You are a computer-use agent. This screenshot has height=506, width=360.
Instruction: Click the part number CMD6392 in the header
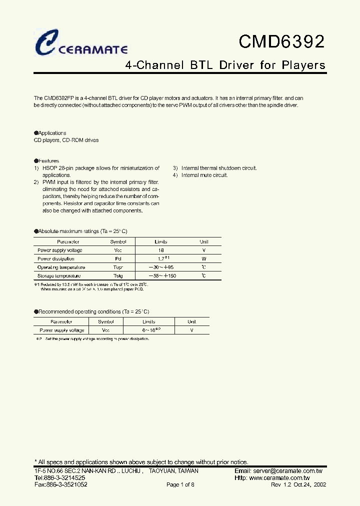tap(281, 42)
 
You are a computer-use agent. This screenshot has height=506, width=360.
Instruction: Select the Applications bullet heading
tap(50, 133)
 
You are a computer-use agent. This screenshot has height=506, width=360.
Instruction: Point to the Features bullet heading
tap(46, 161)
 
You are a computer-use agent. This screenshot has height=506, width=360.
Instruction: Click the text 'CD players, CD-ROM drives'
tap(66, 140)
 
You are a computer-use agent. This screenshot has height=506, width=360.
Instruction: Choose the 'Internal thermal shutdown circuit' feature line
tap(218, 168)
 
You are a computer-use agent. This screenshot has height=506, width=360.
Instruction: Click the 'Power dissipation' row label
tap(56, 259)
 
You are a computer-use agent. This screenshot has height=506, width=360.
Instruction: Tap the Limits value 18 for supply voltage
tap(160, 250)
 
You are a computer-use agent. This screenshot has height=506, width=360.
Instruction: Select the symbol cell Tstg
tap(118, 276)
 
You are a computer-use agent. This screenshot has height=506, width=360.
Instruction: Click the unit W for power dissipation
tap(203, 259)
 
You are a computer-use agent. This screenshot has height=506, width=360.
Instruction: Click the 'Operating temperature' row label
tap(61, 267)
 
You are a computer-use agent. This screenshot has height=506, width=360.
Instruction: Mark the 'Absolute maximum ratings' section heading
tap(80, 231)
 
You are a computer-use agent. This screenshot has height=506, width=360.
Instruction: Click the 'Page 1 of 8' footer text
tap(180, 485)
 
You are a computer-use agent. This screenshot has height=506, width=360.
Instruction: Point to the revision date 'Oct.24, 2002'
tap(306, 485)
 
